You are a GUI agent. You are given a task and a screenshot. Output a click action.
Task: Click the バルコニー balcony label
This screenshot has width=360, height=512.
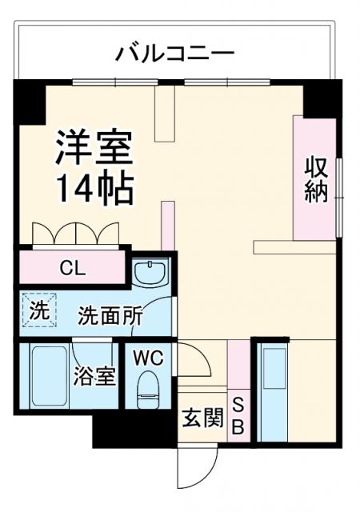point(175,54)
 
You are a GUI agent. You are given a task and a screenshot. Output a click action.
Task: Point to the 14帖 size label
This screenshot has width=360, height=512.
point(93,187)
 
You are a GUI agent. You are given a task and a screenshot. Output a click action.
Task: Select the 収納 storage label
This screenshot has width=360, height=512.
point(315,181)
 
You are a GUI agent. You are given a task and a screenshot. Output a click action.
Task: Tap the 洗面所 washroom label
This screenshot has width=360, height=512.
point(110,316)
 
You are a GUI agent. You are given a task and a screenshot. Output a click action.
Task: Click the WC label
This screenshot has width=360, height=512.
point(148,358)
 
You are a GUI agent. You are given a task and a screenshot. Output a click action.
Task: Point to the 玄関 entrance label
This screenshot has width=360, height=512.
point(202,418)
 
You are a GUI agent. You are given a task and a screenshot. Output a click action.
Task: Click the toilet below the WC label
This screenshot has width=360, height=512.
point(148,393)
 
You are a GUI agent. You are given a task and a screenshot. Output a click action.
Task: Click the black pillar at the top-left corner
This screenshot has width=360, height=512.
point(30,102)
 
